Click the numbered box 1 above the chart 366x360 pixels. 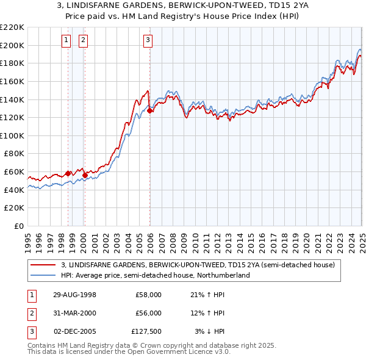click(66, 41)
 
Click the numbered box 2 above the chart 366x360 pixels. click(82, 41)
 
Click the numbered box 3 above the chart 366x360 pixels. click(148, 41)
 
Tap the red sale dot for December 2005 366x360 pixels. click(150, 110)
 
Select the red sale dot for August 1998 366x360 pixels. click(68, 173)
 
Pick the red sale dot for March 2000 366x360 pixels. click(85, 175)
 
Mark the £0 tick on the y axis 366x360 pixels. click(18, 226)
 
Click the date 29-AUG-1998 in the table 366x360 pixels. click(74, 295)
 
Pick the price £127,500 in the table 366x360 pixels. click(146, 331)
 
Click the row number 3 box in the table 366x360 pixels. click(31, 331)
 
